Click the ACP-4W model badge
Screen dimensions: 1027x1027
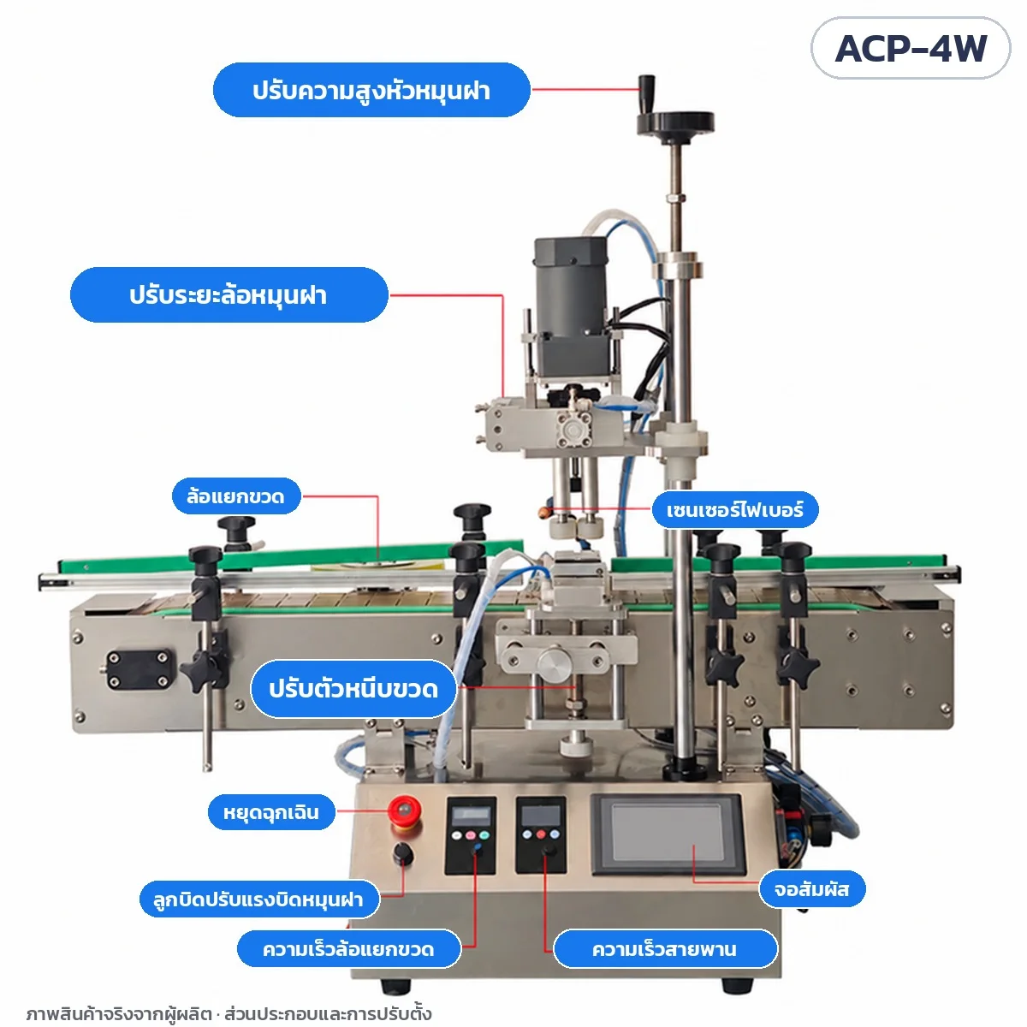point(910,48)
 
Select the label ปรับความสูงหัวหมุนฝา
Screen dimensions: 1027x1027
point(371,90)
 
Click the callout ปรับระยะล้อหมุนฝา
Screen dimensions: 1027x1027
point(229,294)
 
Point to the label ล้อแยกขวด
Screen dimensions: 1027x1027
point(236,496)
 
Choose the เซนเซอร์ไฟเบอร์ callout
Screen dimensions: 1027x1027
point(735,510)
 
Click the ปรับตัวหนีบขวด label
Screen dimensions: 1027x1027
point(353,689)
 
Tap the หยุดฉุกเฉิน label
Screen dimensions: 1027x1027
point(271,812)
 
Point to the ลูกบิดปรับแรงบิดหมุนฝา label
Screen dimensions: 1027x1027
point(259,899)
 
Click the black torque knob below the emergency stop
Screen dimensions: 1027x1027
point(403,855)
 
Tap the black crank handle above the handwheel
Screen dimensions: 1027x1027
point(647,91)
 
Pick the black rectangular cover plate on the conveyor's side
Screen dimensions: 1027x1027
point(140,669)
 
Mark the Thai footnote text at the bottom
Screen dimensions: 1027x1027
point(229,1012)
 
